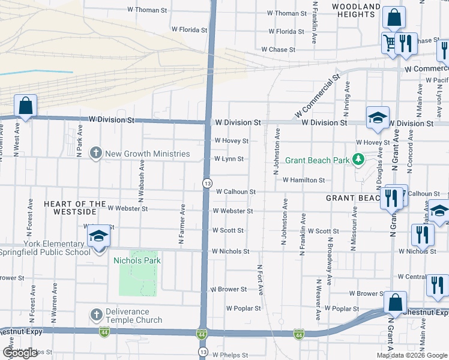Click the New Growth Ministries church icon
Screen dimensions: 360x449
tap(95, 154)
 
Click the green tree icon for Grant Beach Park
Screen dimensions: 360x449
tap(358, 160)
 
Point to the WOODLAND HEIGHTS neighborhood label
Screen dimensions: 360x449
tap(357, 11)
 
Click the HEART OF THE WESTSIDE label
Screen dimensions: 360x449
tap(70, 208)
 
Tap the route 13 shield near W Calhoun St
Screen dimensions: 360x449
tap(206, 182)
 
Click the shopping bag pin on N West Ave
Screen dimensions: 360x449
tap(26, 106)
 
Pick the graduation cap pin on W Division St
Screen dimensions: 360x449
tap(378, 118)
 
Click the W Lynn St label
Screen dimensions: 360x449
tap(229, 159)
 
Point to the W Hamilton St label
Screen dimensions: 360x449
tap(304, 180)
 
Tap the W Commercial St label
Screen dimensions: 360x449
tap(317, 96)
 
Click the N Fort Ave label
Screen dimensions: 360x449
tap(260, 280)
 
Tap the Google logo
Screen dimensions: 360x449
tap(20, 353)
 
